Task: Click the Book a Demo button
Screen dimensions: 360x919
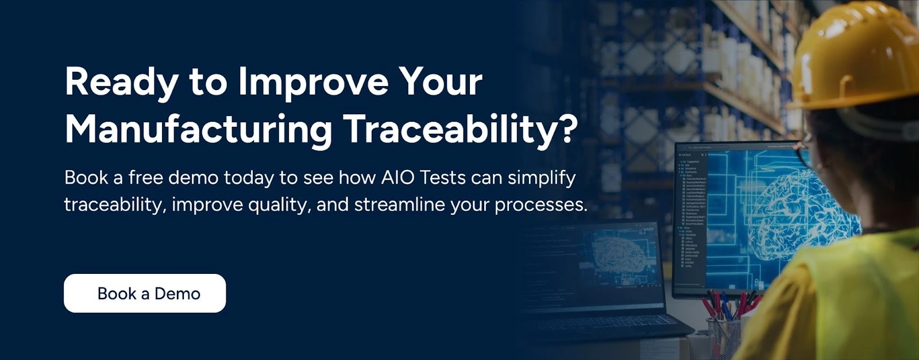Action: pos(145,293)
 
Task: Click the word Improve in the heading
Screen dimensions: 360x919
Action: pos(314,82)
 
